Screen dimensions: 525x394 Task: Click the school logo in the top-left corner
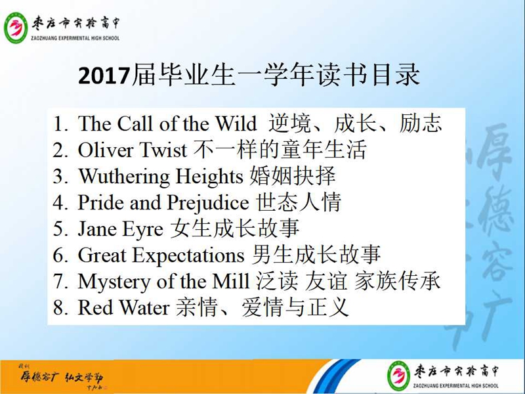click(16, 28)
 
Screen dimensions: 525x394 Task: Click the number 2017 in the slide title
click(104, 76)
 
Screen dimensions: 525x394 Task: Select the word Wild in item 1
click(236, 123)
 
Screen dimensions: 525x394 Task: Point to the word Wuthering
click(124, 177)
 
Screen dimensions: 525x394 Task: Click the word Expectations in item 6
click(189, 256)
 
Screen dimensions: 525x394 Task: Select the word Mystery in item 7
click(114, 282)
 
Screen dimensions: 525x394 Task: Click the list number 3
click(60, 177)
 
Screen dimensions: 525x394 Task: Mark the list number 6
click(60, 255)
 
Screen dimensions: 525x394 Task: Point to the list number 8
click(60, 307)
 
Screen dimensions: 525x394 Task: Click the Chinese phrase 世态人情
click(299, 202)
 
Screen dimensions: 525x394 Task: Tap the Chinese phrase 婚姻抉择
click(293, 175)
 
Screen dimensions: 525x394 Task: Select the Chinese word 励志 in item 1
click(421, 123)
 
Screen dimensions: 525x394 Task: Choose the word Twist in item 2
click(163, 150)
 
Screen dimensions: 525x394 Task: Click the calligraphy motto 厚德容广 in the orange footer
click(39, 378)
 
